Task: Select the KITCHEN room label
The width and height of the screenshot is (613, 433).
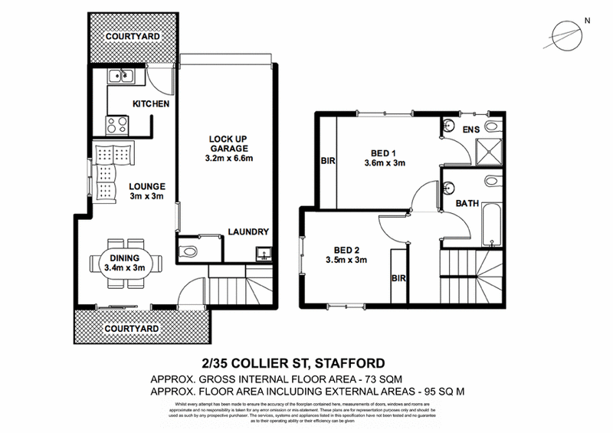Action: [x=151, y=104]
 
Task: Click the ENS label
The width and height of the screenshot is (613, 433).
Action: [x=471, y=130]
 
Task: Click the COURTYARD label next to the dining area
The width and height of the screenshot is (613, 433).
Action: [x=133, y=328]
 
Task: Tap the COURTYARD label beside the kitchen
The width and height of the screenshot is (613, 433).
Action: [x=133, y=36]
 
